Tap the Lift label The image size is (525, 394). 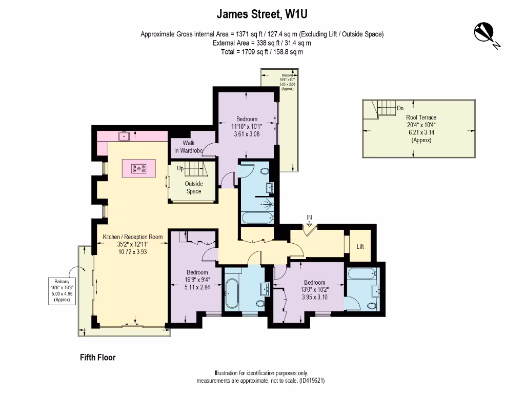(360, 246)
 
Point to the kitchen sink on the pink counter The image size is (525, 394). (124, 136)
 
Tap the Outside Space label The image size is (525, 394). (193, 187)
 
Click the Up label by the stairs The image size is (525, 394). (180, 168)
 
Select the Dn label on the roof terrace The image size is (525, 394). (401, 108)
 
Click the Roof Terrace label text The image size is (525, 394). (421, 117)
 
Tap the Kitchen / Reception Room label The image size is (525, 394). (133, 237)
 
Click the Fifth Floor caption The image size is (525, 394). (97, 358)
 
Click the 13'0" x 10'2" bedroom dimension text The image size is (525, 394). (314, 290)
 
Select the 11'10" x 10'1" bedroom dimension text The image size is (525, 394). (247, 126)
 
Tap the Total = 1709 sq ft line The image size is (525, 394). (262, 52)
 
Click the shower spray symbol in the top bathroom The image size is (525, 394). (266, 204)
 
